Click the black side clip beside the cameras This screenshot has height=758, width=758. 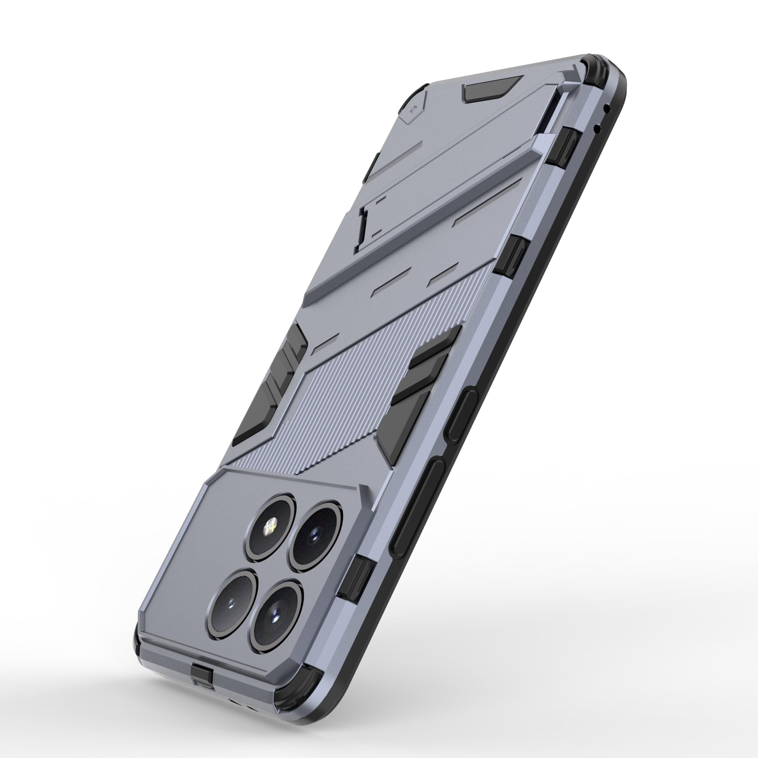359,579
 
